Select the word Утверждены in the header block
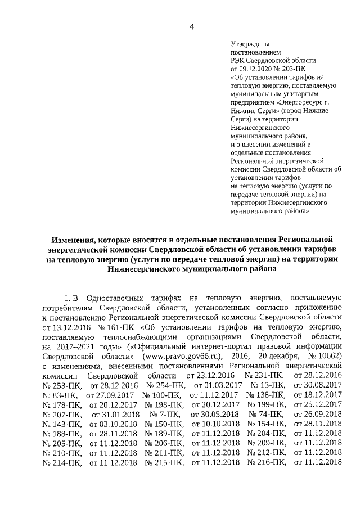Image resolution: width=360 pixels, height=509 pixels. (x=250, y=44)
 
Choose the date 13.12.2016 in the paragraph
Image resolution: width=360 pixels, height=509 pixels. (x=61, y=326)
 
